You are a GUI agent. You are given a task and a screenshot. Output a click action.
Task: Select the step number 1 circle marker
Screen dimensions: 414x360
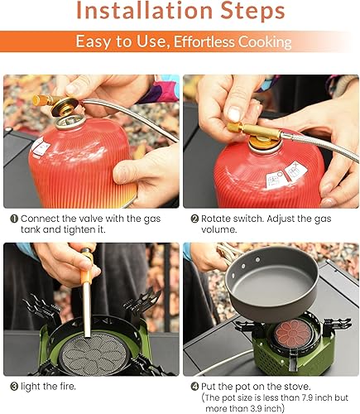[14, 219]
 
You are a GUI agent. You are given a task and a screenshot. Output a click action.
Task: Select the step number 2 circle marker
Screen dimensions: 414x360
[194, 219]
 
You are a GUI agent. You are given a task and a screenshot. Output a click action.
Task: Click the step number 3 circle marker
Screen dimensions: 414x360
[14, 385]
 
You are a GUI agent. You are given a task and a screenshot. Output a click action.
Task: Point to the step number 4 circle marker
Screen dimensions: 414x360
[194, 385]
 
